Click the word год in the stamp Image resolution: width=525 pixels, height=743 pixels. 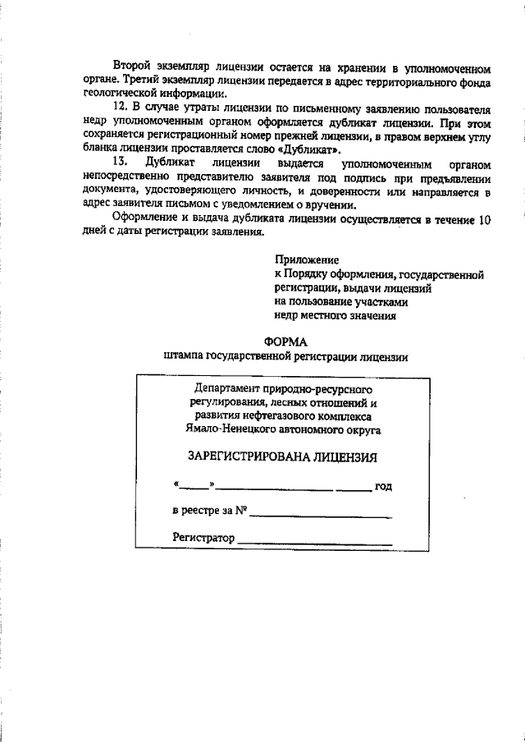[383, 487]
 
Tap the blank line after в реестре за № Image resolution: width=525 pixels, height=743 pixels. [321, 515]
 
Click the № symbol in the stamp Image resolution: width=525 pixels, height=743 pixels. [242, 511]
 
